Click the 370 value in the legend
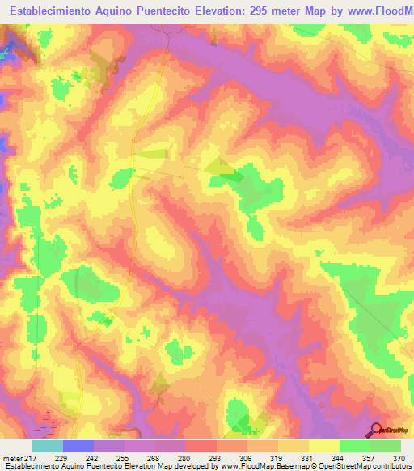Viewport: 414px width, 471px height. [x=398, y=459]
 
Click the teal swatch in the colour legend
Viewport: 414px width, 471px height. [x=48, y=446]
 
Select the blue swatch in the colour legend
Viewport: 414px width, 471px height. [x=78, y=446]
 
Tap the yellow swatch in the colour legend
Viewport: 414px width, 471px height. [x=324, y=446]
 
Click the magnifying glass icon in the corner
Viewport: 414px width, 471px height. [x=376, y=430]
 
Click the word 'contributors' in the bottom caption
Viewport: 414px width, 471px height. [x=391, y=467]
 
